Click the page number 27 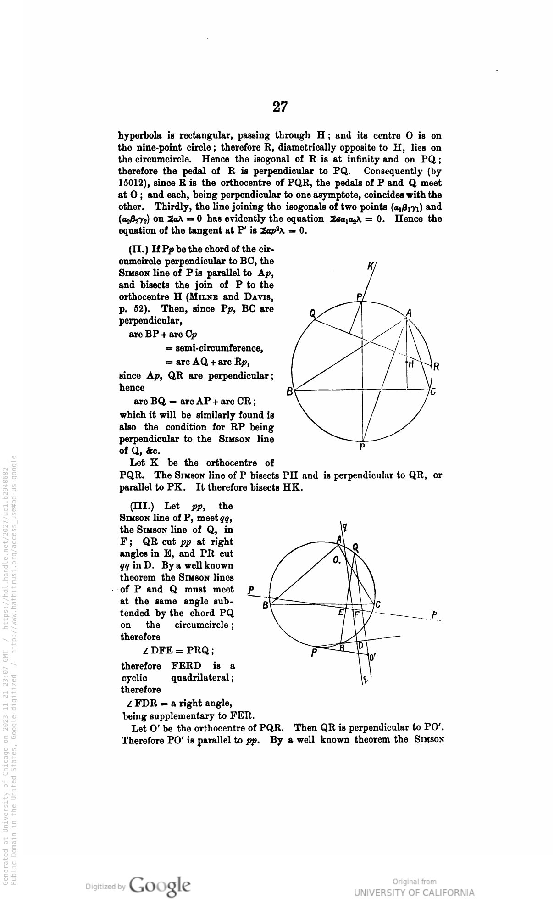point(280,107)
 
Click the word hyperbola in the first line point(138,136)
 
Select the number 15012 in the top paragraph point(133,183)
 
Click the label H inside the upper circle point(411,363)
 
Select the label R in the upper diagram point(437,367)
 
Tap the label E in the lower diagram point(341,613)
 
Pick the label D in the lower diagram point(360,646)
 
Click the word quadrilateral point(202,678)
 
